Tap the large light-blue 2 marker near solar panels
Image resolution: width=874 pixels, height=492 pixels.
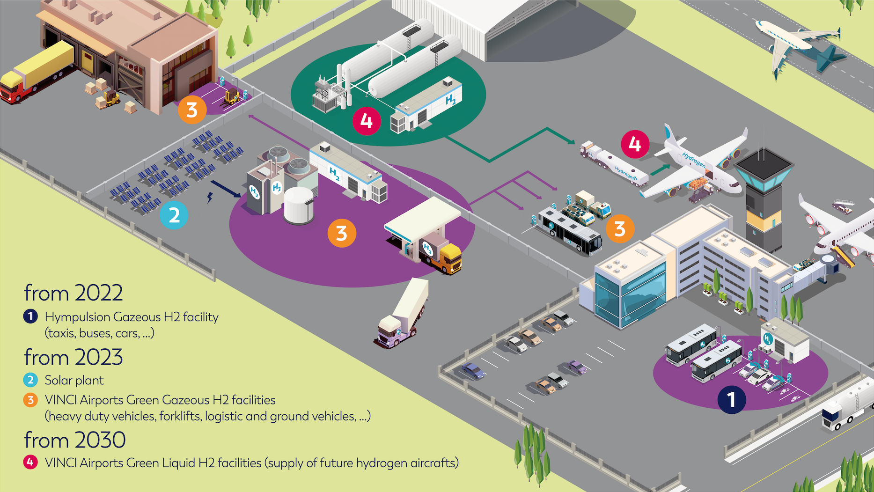coord(174,215)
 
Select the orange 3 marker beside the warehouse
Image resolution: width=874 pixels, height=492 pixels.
coord(192,110)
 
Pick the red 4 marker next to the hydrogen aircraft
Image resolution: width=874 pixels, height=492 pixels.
coord(635,144)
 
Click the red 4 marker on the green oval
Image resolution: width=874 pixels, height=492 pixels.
coord(367,121)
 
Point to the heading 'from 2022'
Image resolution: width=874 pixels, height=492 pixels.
coord(73,294)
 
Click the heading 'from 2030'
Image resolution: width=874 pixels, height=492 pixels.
coord(75,440)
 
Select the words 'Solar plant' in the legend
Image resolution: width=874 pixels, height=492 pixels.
coord(74,380)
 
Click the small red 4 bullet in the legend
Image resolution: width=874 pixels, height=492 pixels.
coord(30,462)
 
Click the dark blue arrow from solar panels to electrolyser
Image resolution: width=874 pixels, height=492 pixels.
coord(226,188)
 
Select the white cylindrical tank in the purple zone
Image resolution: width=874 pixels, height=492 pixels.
coord(299,205)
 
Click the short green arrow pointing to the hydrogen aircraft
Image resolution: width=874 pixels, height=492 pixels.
coord(660,169)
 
